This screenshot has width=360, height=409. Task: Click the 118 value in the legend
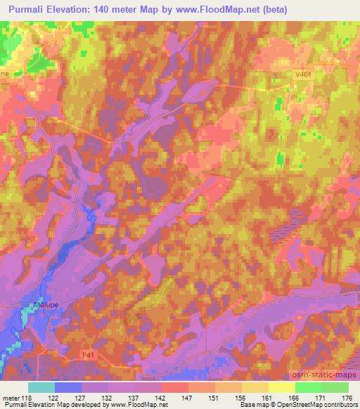(29, 397)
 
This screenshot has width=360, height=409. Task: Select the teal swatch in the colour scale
(41, 387)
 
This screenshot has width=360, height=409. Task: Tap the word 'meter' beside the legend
(11, 397)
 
